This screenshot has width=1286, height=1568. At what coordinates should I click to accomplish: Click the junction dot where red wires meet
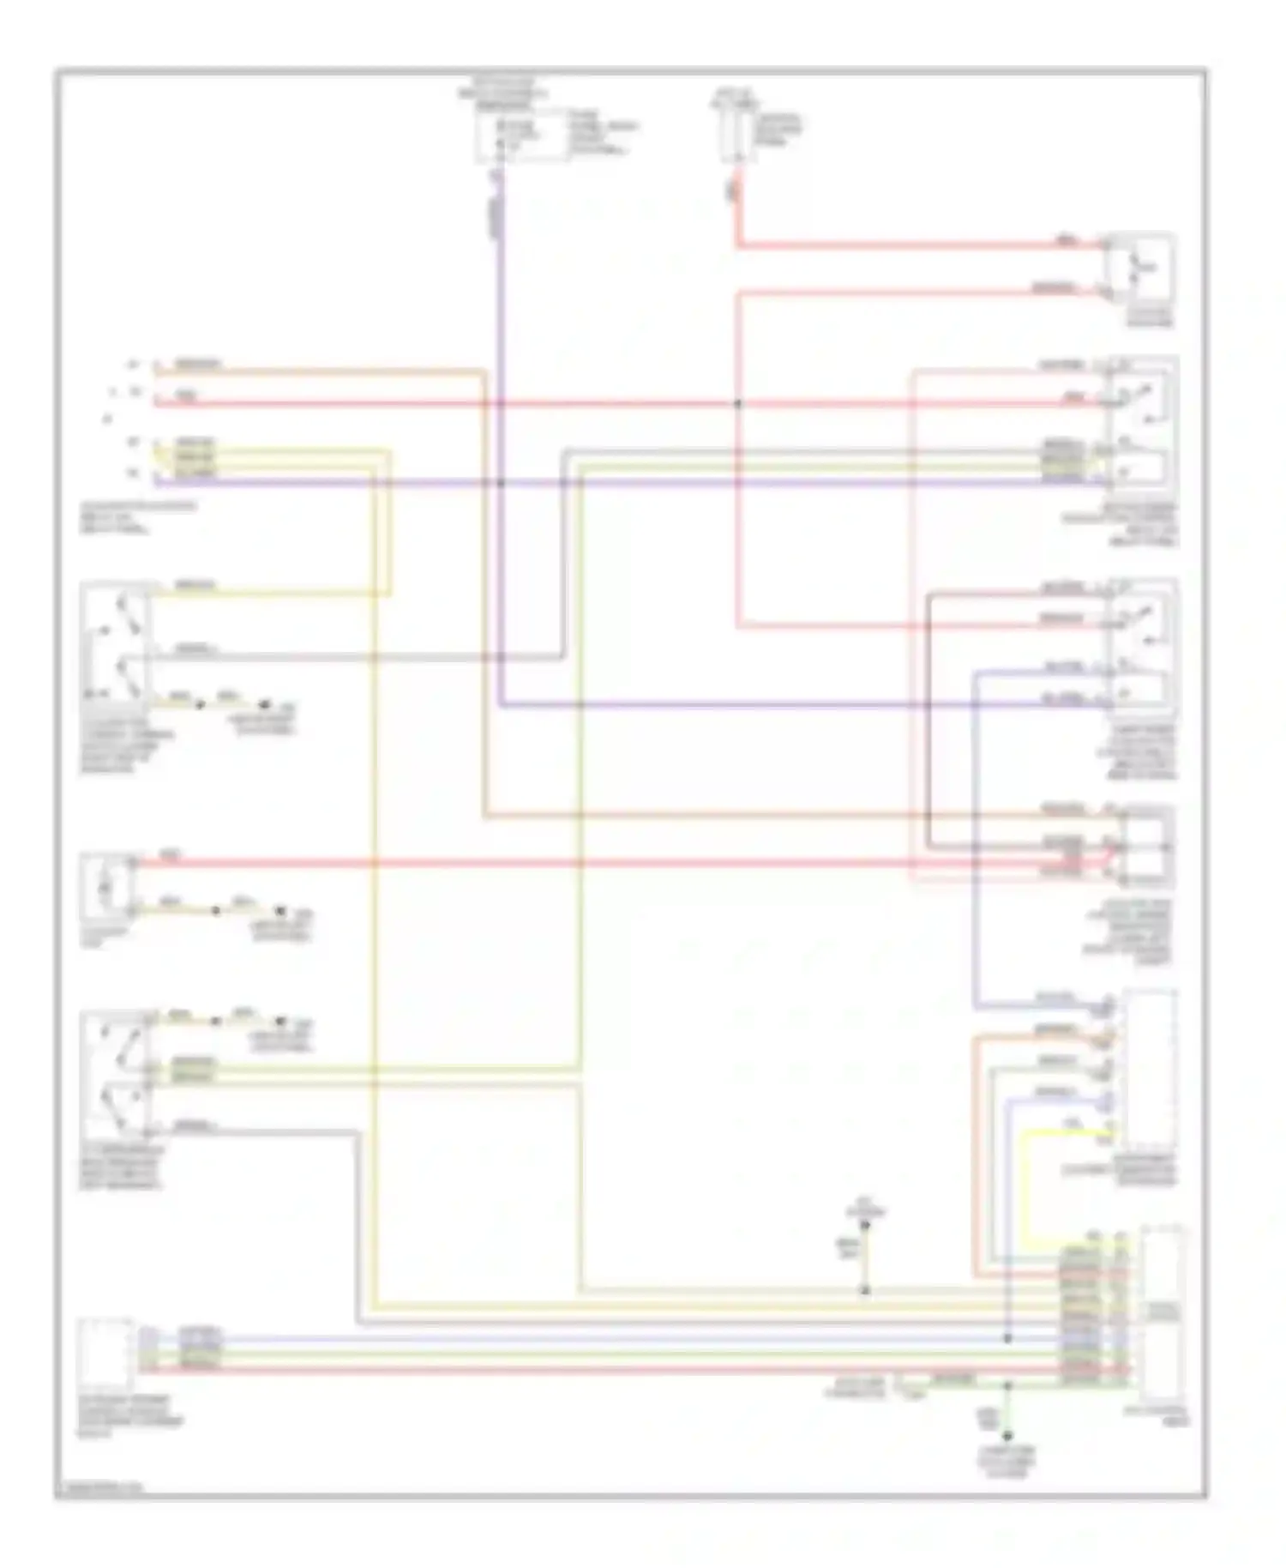737,403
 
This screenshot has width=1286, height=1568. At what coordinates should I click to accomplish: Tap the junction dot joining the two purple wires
501,482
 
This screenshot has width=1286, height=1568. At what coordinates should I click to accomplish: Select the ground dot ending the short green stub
1007,1436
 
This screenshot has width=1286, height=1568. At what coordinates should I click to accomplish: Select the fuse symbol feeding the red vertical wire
735,133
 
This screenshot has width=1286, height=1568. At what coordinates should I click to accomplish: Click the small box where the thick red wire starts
107,884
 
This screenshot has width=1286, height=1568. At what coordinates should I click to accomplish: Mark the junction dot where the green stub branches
1007,1385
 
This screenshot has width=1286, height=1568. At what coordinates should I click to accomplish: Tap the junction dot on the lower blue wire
1007,1338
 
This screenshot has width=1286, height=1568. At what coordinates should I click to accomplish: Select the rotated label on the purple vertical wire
496,214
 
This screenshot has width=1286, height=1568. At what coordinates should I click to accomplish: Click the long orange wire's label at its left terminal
197,365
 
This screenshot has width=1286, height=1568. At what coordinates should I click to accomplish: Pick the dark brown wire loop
929,721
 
